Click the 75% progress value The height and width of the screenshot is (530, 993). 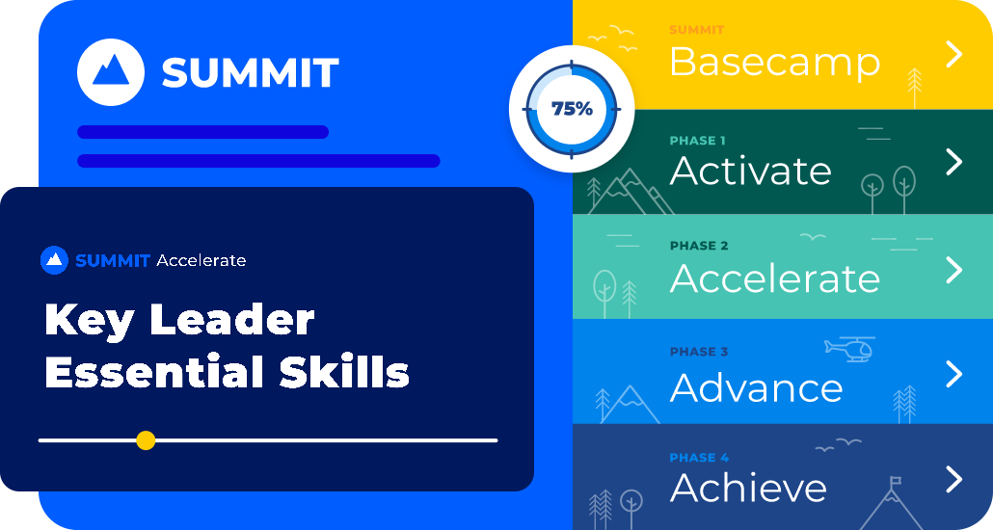click(x=572, y=109)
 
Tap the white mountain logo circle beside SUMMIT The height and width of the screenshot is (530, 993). click(x=111, y=72)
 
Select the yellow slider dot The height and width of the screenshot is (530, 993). click(x=146, y=440)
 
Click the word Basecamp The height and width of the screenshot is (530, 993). click(x=774, y=62)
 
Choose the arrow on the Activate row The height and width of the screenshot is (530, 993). click(x=953, y=162)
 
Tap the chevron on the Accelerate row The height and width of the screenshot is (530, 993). click(x=953, y=270)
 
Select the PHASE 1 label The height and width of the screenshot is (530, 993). click(x=697, y=141)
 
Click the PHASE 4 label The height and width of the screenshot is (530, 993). click(x=699, y=458)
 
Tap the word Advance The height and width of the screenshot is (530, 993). click(x=756, y=387)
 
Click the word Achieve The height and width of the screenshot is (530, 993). click(x=748, y=488)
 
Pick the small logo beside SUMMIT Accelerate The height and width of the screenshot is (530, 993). click(x=54, y=260)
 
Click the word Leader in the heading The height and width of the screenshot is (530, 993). click(x=231, y=320)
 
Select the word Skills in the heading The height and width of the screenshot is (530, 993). click(x=344, y=372)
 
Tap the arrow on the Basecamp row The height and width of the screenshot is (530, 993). click(x=953, y=55)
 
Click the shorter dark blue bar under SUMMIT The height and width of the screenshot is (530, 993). click(x=202, y=132)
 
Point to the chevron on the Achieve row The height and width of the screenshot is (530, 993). click(x=953, y=479)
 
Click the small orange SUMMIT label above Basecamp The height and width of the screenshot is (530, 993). click(x=697, y=30)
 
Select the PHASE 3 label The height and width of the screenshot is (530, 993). click(x=699, y=352)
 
